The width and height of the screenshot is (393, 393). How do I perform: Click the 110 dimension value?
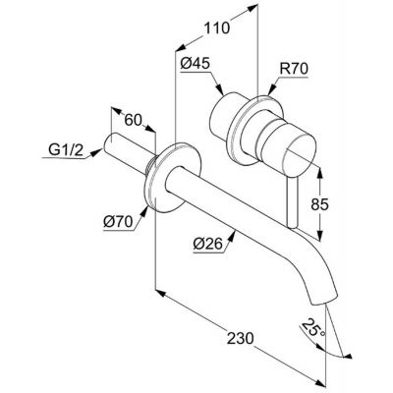pyautogui.click(x=217, y=28)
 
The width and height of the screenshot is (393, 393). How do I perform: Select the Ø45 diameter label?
pyautogui.click(x=195, y=64)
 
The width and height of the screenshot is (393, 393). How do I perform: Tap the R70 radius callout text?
pyautogui.click(x=294, y=70)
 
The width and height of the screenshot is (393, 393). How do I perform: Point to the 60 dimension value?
pyautogui.click(x=133, y=120)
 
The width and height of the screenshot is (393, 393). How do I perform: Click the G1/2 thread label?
pyautogui.click(x=66, y=150)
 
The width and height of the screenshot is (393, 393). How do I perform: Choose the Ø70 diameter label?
pyautogui.click(x=118, y=222)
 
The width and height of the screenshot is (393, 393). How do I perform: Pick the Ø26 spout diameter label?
pyautogui.click(x=207, y=244)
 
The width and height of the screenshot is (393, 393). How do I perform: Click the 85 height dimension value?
pyautogui.click(x=319, y=204)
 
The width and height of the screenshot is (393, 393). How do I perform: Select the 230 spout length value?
pyautogui.click(x=241, y=338)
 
